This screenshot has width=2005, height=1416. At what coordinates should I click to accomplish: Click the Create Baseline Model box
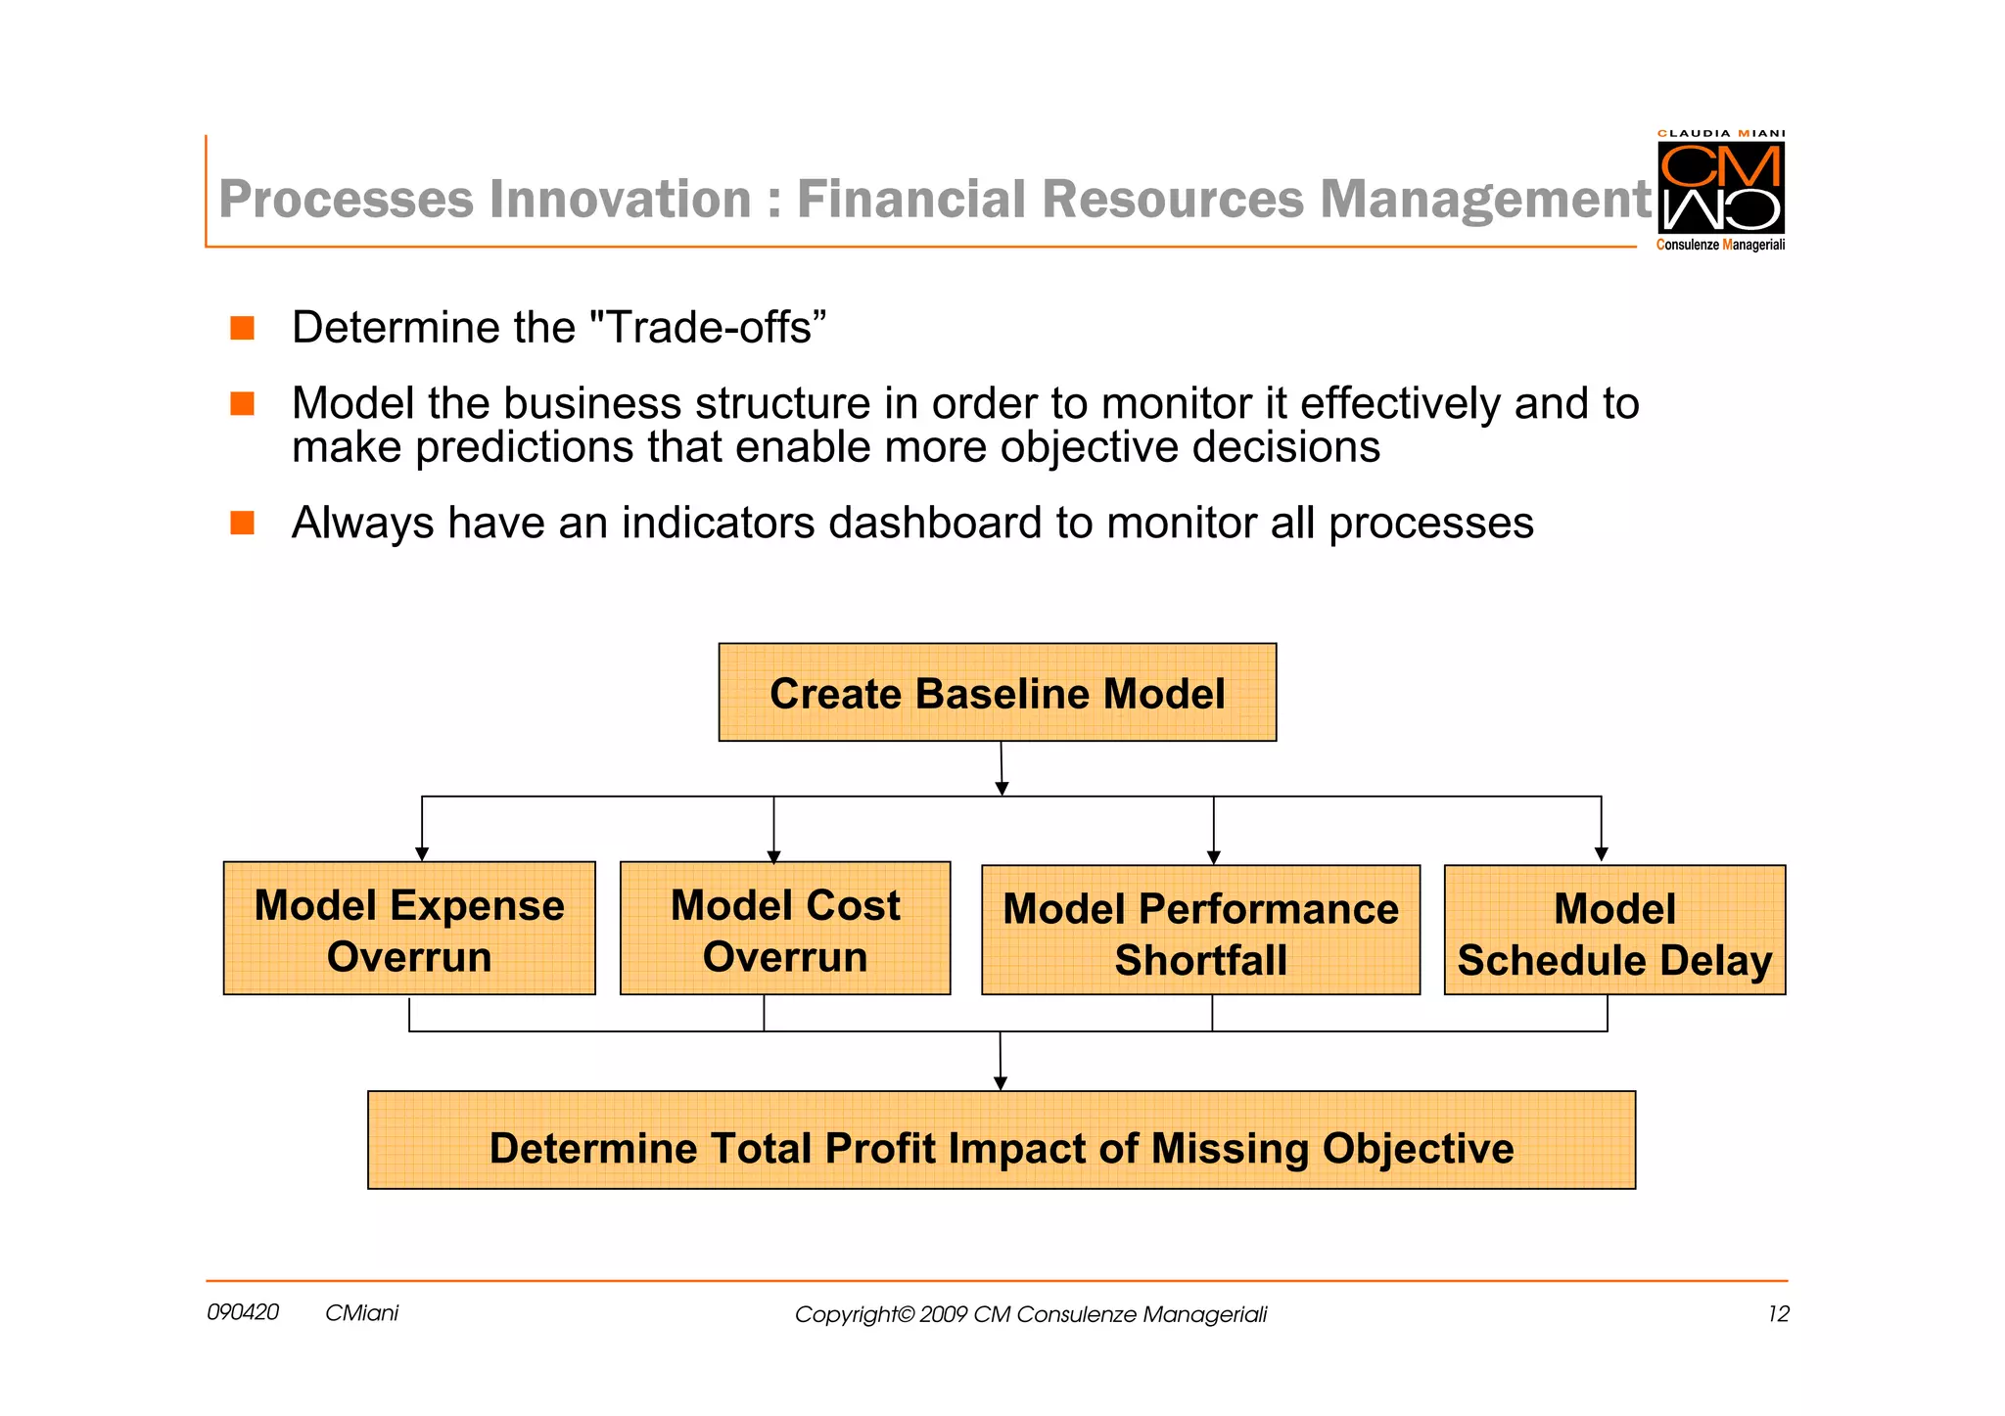(x=997, y=693)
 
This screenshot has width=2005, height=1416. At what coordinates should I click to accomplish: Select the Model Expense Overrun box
(x=409, y=929)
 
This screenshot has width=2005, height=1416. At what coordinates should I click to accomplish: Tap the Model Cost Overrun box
(x=784, y=929)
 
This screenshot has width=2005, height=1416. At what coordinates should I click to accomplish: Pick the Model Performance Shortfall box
(x=1200, y=931)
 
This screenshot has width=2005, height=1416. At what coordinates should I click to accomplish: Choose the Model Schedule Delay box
(x=1614, y=931)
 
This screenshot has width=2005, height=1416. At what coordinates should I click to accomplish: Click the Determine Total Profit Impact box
(x=1001, y=1141)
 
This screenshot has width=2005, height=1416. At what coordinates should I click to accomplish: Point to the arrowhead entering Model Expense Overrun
(x=422, y=854)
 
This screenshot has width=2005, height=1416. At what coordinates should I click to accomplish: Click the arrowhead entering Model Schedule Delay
(x=1601, y=855)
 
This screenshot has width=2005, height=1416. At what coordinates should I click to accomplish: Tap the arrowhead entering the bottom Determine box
(x=1001, y=1083)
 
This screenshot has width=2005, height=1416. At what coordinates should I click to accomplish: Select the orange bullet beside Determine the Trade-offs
(x=243, y=328)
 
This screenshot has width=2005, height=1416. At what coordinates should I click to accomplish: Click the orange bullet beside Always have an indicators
(x=243, y=523)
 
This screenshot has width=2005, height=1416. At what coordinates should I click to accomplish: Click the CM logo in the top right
(x=1720, y=187)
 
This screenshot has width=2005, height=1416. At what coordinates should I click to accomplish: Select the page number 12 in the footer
(x=1778, y=1314)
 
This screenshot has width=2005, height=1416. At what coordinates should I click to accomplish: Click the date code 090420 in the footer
(x=243, y=1312)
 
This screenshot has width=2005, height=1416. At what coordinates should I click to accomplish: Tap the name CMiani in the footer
(x=361, y=1313)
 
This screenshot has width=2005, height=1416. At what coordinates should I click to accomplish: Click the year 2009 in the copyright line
(x=943, y=1314)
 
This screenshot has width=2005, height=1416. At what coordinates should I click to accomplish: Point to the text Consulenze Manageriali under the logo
(x=1720, y=245)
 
